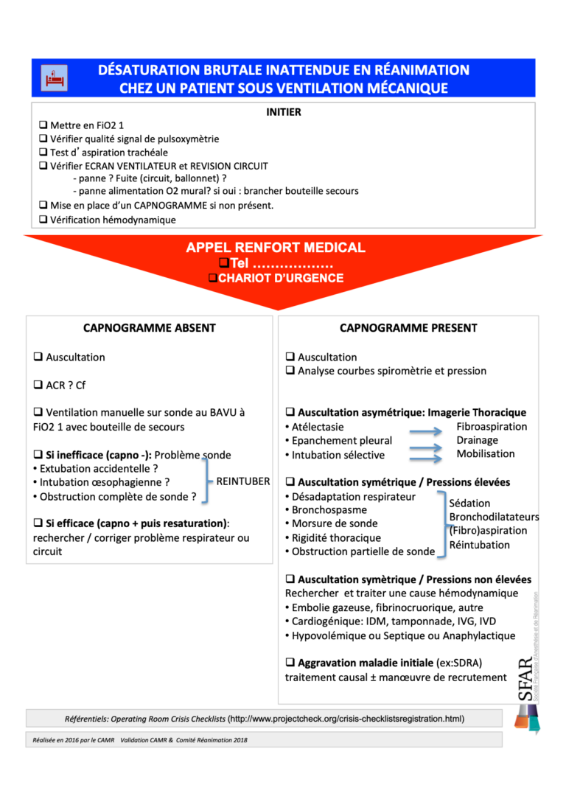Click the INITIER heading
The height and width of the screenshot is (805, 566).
[283, 112]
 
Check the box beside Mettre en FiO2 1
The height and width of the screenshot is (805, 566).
[43, 125]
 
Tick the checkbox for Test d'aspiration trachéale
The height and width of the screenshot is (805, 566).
[43, 152]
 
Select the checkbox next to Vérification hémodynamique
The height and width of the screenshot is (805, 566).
[43, 219]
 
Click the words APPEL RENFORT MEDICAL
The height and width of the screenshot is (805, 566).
[276, 248]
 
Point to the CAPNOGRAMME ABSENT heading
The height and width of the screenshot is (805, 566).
[150, 328]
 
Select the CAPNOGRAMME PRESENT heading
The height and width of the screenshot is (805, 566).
[408, 328]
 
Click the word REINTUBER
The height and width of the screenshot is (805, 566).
[243, 481]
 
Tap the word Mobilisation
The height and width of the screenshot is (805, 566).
[486, 453]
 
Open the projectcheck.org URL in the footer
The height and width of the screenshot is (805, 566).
[346, 718]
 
